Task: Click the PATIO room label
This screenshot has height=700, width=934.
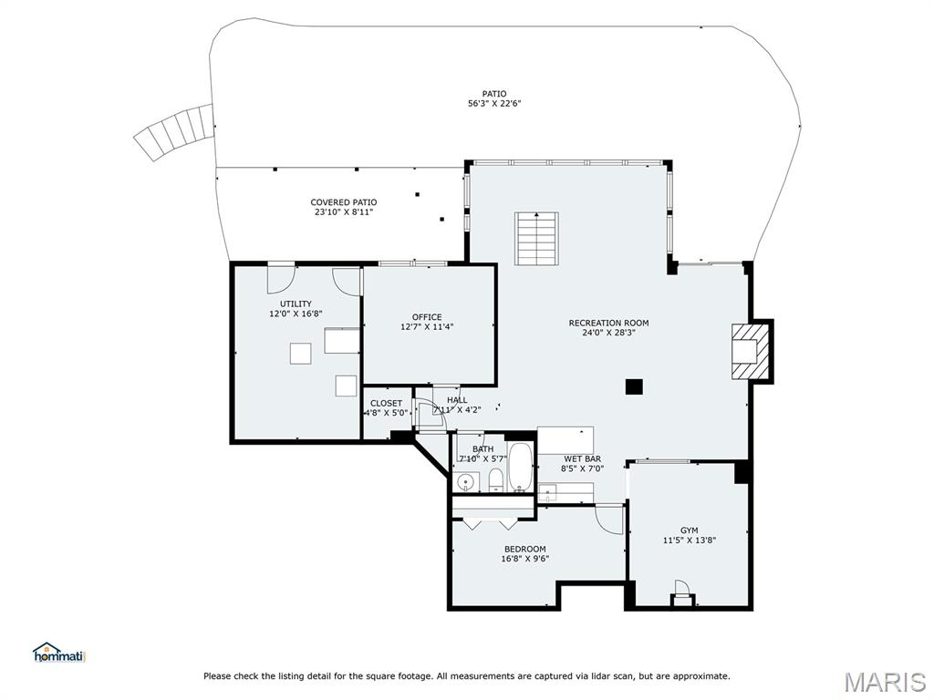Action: coord(494,94)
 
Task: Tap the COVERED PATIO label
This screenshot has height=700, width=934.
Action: coord(344,202)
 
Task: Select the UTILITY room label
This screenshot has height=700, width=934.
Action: coord(296,304)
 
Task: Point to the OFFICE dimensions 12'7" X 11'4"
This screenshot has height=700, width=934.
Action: coord(427,327)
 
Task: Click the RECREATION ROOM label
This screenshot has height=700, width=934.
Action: coord(608,324)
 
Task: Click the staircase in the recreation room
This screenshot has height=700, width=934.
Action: coord(536,238)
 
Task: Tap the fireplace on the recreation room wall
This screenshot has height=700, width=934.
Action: coord(751,351)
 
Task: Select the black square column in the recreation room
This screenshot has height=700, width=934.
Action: coord(635,386)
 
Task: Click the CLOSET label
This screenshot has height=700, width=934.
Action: coord(386,404)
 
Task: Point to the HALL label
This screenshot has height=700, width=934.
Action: coord(457,400)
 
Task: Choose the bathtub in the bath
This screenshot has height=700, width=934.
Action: coord(521,468)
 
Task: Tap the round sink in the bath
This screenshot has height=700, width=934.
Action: coord(465,482)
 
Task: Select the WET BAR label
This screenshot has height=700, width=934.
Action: coord(583,459)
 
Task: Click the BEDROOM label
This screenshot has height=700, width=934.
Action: coord(524,549)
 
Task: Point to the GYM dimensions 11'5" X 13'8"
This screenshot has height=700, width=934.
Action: coord(690,540)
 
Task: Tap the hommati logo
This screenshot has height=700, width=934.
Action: coord(59,652)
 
